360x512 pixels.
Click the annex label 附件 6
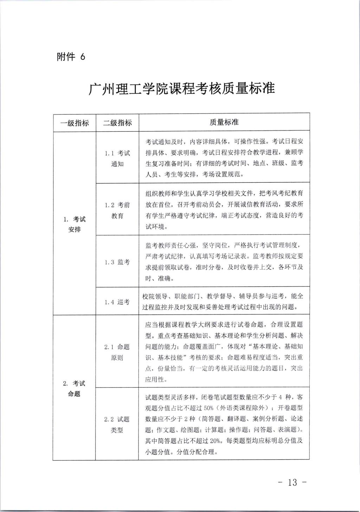click(71, 57)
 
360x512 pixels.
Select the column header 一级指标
click(75, 123)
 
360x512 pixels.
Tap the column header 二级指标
click(117, 123)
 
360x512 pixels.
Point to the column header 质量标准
click(224, 122)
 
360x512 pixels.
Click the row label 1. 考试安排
click(75, 224)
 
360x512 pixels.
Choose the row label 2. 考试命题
click(74, 388)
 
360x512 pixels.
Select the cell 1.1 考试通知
click(117, 158)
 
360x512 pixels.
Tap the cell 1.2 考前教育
click(117, 210)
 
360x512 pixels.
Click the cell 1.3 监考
click(117, 262)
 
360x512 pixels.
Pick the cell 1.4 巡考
click(117, 302)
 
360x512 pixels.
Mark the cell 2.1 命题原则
click(117, 352)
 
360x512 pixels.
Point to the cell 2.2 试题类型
click(117, 424)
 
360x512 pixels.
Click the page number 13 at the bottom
click(292, 482)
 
